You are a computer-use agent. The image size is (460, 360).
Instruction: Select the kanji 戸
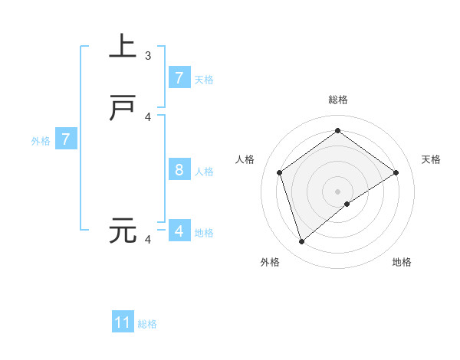pyautogui.click(x=123, y=109)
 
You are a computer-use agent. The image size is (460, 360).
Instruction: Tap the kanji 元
pyautogui.click(x=123, y=230)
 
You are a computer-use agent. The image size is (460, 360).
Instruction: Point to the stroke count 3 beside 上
pyautogui.click(x=148, y=56)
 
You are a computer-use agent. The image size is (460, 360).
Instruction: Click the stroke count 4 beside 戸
pyautogui.click(x=148, y=117)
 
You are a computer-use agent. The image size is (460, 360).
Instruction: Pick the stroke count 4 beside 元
pyautogui.click(x=148, y=240)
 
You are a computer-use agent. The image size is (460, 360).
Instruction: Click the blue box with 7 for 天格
pyautogui.click(x=179, y=77)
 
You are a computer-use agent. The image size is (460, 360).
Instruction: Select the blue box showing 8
pyautogui.click(x=179, y=169)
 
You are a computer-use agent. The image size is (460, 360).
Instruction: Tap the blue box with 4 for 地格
pyautogui.click(x=179, y=231)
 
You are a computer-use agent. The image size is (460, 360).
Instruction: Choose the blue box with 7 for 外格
pyautogui.click(x=66, y=139)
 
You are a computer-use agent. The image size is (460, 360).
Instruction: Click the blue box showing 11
pyautogui.click(x=123, y=322)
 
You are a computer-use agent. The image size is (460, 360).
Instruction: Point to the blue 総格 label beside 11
pyautogui.click(x=147, y=324)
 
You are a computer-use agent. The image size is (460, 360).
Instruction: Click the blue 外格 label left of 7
pyautogui.click(x=41, y=141)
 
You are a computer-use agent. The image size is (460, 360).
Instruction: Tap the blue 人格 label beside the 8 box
pyautogui.click(x=204, y=171)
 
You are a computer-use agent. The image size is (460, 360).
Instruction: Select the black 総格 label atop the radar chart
pyautogui.click(x=338, y=100)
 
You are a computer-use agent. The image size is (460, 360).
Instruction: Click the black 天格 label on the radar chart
pyautogui.click(x=431, y=159)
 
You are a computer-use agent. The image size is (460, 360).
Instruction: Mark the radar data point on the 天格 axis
pyautogui.click(x=396, y=172)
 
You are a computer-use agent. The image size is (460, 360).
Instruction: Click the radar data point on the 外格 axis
pyautogui.click(x=302, y=242)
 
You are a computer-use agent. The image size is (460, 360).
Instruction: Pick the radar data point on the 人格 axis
pyautogui.click(x=279, y=172)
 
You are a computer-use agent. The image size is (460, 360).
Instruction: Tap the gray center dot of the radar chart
pyautogui.click(x=338, y=191)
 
